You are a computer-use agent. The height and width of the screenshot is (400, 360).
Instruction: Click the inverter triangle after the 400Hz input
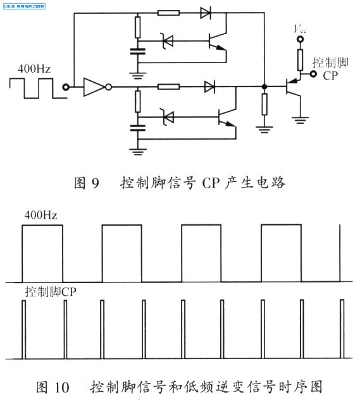point(94,87)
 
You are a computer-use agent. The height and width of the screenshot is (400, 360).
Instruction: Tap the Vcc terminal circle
point(300,39)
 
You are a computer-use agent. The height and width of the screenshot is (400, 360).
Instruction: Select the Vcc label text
point(300,28)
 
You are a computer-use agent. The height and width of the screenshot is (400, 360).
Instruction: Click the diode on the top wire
point(206,13)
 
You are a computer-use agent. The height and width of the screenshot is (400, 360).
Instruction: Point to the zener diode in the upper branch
point(168,41)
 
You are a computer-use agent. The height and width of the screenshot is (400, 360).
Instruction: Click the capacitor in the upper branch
point(138,51)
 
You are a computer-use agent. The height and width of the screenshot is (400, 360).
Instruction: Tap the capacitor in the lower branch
point(138,128)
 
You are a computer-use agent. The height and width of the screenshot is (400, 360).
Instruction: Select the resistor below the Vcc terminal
point(301,59)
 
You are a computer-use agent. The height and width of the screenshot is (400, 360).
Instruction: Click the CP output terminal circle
point(313,74)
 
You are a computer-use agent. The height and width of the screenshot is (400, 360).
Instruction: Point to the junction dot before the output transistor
point(264,87)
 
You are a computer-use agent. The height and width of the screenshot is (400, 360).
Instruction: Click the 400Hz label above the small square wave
point(34,69)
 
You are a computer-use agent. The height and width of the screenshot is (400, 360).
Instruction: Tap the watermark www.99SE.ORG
point(24,6)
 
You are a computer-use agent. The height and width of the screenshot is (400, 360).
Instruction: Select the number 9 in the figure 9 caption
point(95,183)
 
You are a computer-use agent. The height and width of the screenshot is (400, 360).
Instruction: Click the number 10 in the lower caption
point(61,387)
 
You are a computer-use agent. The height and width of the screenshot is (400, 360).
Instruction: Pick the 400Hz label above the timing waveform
point(40,215)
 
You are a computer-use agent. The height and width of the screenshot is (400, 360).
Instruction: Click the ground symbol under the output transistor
point(301,120)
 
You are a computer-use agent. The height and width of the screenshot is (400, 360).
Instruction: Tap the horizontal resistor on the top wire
point(168,13)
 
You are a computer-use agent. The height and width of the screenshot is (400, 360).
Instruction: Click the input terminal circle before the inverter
point(66,87)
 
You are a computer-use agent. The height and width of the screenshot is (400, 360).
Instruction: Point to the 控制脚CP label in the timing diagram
point(51,292)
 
